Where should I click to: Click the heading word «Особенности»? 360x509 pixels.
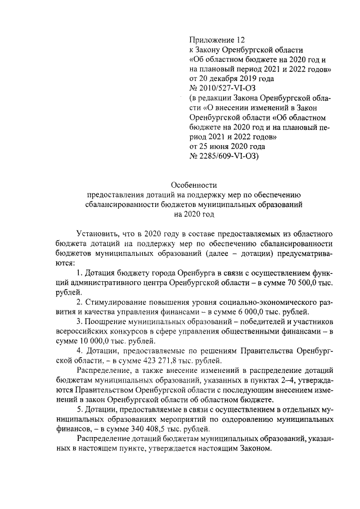click(193, 184)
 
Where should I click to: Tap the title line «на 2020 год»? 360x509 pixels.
click(194, 214)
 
